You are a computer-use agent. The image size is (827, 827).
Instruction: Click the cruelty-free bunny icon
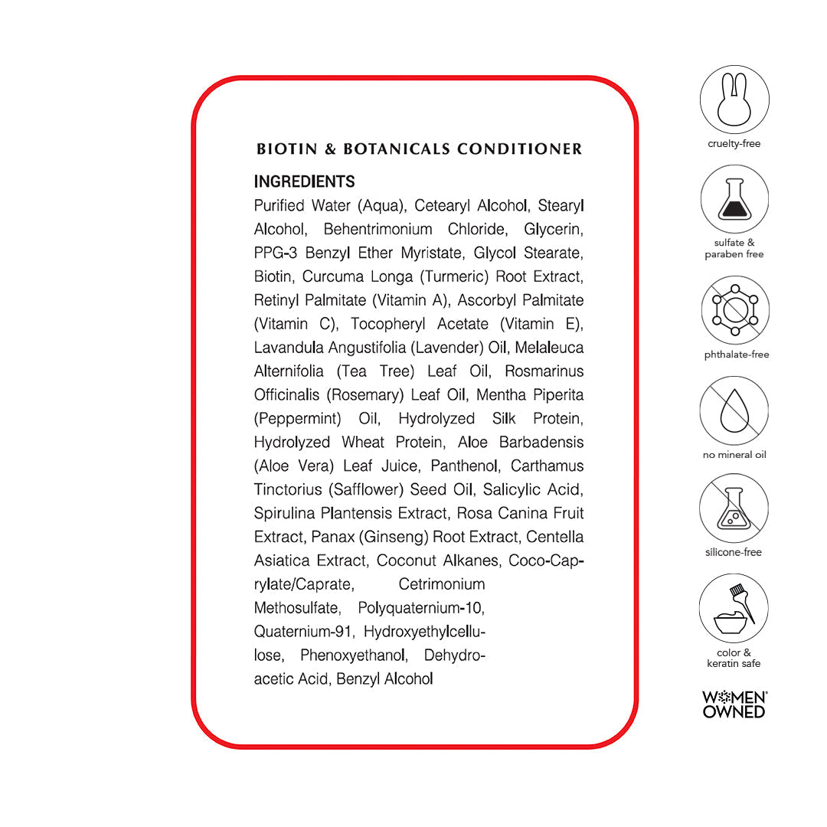point(734,100)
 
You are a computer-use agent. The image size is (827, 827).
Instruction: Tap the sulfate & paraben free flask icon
point(734,199)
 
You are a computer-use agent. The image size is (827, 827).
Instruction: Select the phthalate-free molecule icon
point(734,309)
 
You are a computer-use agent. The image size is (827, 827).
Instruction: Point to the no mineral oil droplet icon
point(734,411)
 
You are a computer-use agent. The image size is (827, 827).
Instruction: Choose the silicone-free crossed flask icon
point(734,508)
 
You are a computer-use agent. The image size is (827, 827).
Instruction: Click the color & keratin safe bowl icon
point(734,608)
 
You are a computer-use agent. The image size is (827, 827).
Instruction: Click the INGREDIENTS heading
point(304,182)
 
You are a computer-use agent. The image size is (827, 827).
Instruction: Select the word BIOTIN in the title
point(287,149)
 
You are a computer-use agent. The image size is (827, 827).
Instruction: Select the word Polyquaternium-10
point(421,609)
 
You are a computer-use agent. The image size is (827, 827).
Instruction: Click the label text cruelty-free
point(734,144)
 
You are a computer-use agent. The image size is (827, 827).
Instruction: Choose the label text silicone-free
point(734,552)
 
